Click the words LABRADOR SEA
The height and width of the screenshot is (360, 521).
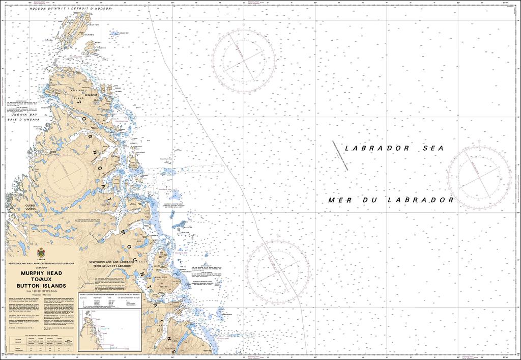(394, 148)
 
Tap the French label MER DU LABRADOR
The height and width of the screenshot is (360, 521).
(391, 200)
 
